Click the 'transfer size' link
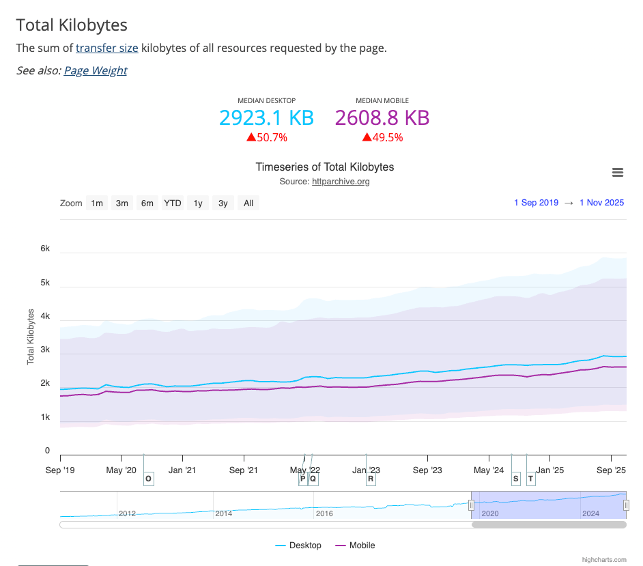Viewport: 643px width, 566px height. point(107,48)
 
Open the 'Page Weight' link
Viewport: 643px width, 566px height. point(96,70)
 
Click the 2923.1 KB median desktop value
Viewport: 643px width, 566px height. point(266,118)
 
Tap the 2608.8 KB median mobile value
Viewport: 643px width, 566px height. point(382,118)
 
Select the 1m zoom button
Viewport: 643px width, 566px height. point(97,203)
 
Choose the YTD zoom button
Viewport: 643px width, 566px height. point(173,203)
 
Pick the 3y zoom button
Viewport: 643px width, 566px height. point(223,203)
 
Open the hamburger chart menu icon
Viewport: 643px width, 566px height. point(618,173)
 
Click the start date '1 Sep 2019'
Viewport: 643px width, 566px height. point(536,203)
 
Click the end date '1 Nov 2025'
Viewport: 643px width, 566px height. point(601,203)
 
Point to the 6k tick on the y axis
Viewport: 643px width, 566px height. point(45,249)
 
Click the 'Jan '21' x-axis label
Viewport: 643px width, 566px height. point(182,470)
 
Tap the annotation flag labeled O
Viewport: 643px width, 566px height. point(149,479)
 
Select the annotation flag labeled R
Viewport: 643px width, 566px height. point(371,479)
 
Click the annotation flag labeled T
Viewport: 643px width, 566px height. point(531,479)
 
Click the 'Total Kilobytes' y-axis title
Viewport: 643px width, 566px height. point(31,337)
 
